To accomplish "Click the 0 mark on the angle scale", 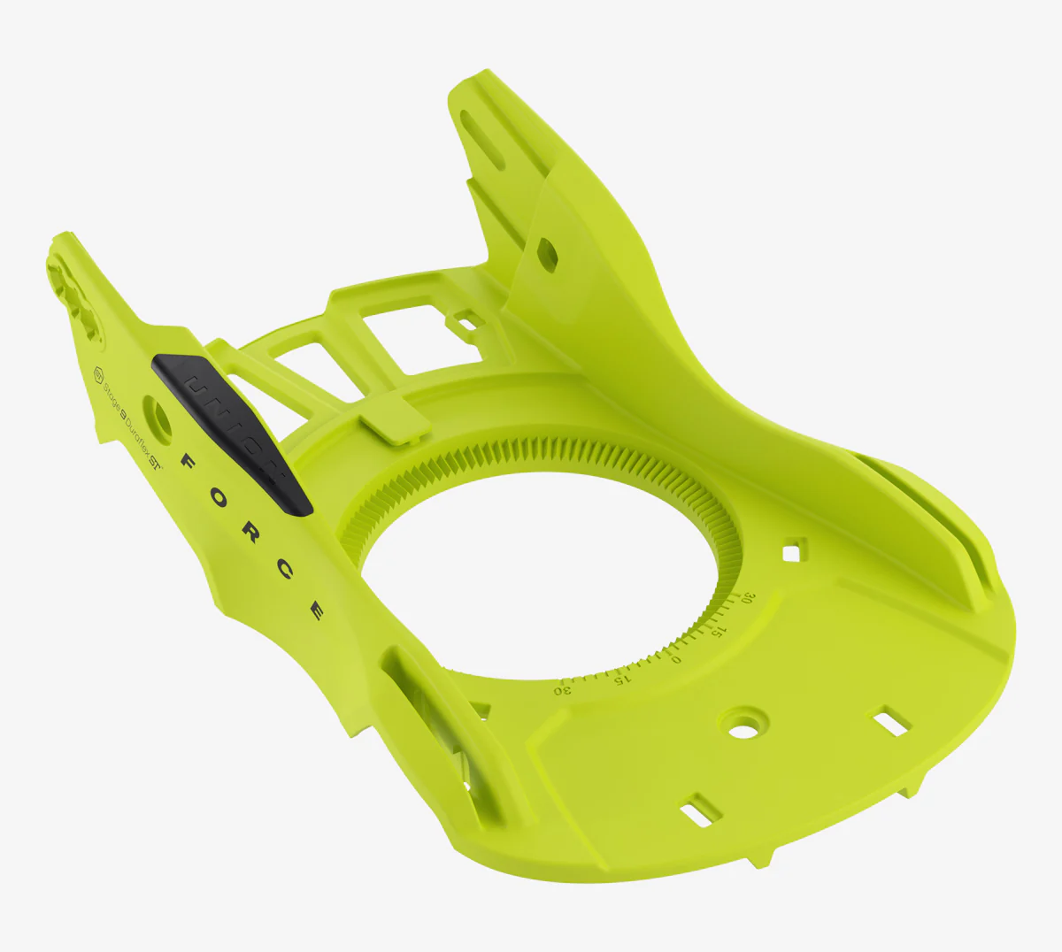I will coord(676,658).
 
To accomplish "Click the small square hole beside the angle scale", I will coord(791,551).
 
